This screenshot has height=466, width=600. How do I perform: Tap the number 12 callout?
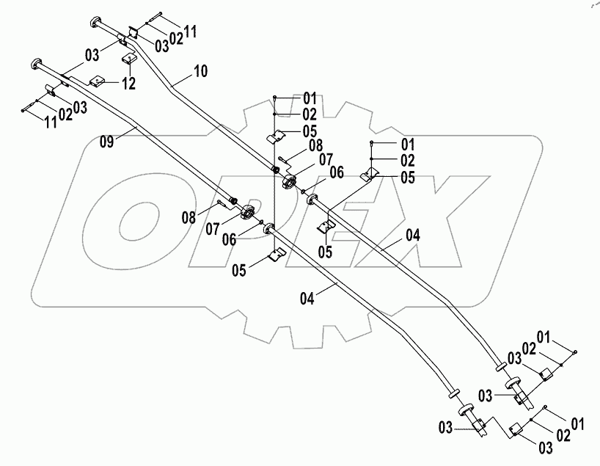point(128,84)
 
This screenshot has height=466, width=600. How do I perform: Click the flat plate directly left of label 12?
point(98,81)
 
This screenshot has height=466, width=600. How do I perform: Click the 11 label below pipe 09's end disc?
point(50,122)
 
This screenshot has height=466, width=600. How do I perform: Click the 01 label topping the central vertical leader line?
point(289,98)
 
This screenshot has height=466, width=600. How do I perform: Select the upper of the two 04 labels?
point(413,236)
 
